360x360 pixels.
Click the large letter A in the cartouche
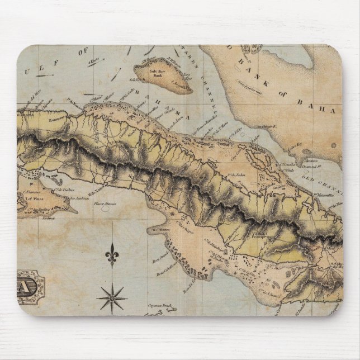(x=27, y=287)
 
